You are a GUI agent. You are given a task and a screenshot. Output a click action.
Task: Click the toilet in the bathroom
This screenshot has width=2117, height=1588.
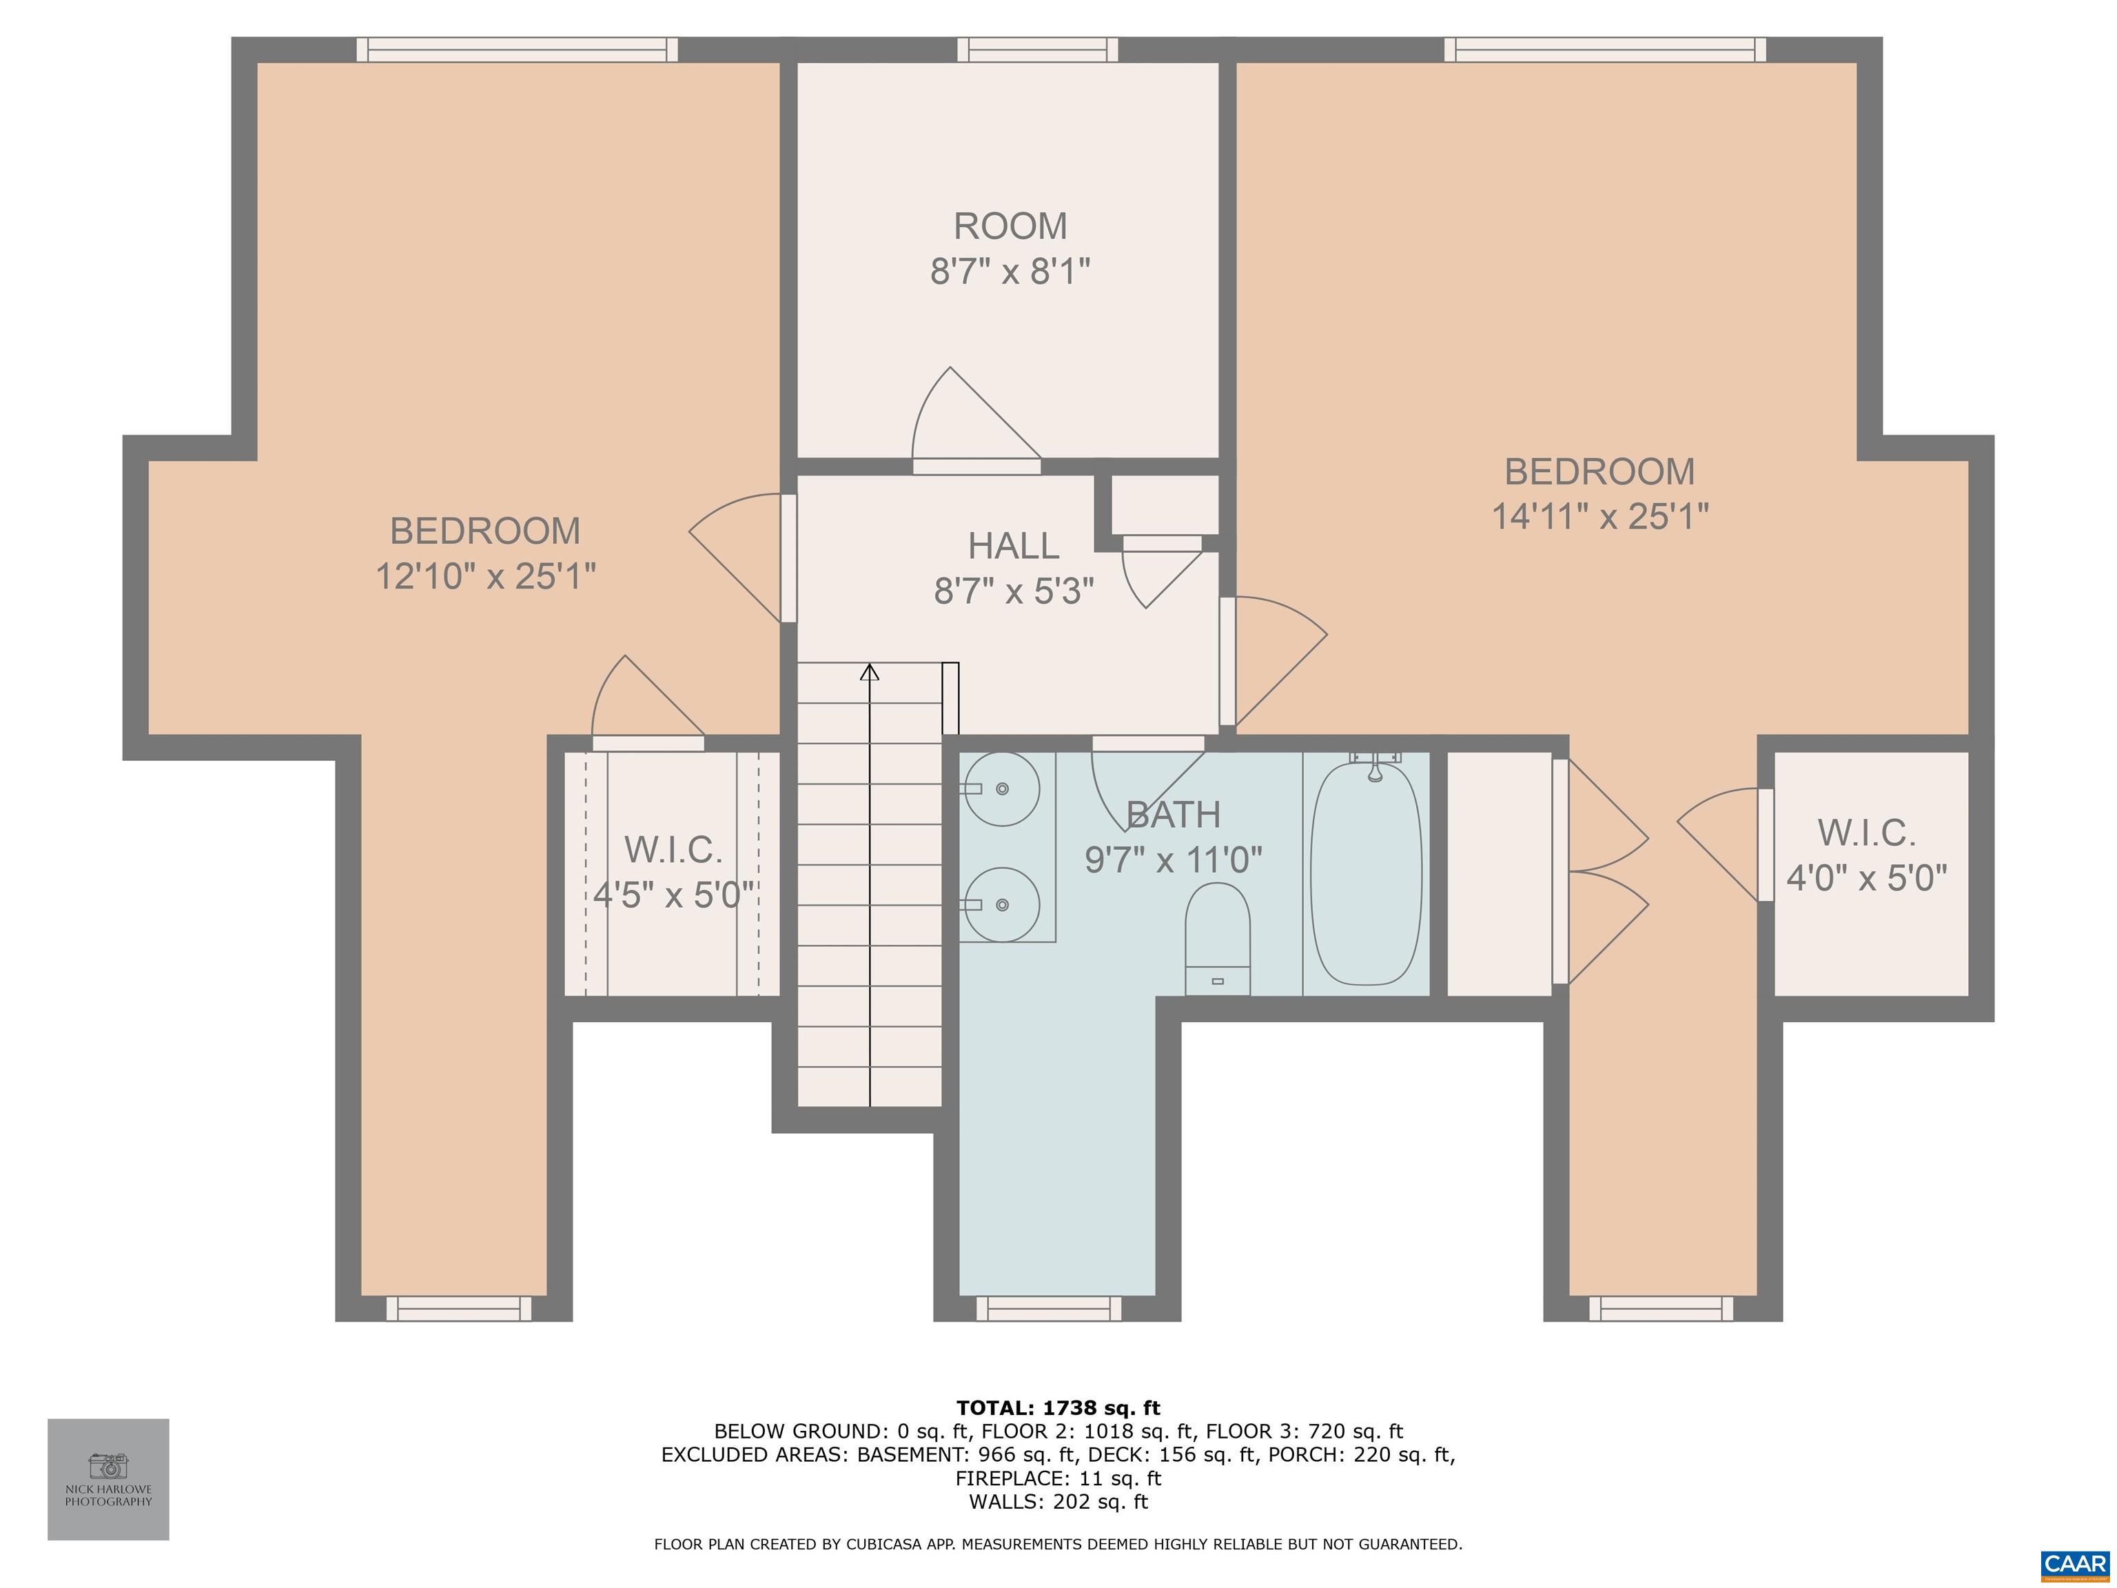[x=1218, y=938]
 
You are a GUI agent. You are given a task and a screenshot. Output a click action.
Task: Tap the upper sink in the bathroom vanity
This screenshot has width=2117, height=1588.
[x=1001, y=788]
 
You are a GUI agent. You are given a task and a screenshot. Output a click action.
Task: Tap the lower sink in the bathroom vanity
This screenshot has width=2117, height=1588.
[x=1001, y=904]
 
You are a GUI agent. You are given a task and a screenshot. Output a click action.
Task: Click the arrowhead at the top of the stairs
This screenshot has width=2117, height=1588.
[x=869, y=672]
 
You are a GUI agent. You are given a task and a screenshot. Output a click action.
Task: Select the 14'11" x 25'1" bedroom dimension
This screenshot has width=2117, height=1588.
[x=1600, y=516]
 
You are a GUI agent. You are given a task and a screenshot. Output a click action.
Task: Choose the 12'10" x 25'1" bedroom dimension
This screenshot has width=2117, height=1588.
[x=485, y=576]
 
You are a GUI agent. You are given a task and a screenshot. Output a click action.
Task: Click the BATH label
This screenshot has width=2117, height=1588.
[x=1174, y=815]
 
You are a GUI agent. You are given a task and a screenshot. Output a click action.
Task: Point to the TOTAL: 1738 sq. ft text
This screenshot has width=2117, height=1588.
[x=1058, y=1408]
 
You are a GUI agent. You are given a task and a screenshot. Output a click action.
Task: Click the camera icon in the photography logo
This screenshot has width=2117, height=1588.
[x=108, y=1465]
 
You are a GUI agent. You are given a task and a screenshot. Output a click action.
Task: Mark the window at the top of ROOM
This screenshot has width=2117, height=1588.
[x=1037, y=50]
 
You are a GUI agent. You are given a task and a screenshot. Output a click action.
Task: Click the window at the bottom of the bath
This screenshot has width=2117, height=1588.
[x=1048, y=1308]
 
